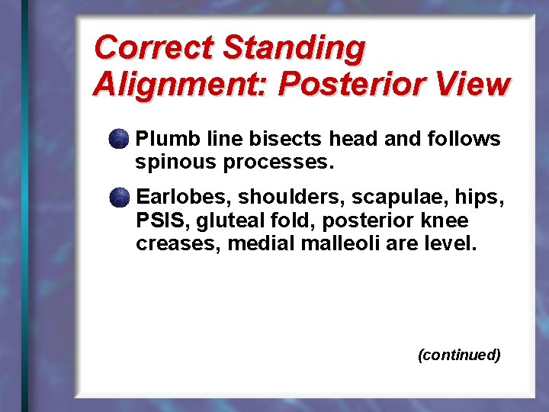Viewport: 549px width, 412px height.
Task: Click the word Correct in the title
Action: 153,47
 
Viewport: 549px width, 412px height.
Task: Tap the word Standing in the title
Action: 294,49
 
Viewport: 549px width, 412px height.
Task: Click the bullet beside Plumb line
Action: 118,139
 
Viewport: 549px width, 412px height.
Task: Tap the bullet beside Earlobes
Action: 118,198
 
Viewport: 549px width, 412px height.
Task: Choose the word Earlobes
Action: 183,198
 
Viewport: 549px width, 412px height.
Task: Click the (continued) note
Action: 459,355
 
